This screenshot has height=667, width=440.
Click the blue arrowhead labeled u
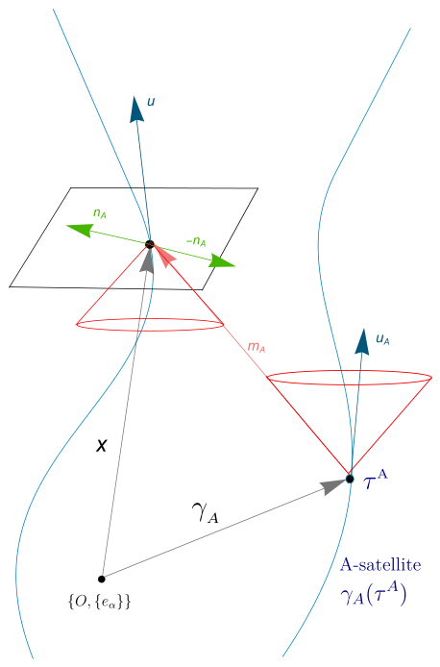pos(136,110)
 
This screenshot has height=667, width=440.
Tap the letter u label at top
pos(151,102)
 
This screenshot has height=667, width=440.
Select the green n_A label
pos(100,213)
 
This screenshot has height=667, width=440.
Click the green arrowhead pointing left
pos(80,230)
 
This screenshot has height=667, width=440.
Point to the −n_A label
pos(196,241)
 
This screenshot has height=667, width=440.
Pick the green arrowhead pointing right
pos(222,261)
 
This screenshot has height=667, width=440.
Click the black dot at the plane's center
pos(150,244)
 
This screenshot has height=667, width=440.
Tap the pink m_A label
pos(257,347)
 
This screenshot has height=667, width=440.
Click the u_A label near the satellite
pos(382,339)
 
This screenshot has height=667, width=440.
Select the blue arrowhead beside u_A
pos(362,341)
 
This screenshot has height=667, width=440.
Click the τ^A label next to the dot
pos(376,482)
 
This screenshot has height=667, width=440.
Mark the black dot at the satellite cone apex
pos(350,479)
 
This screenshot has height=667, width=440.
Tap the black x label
pos(102,445)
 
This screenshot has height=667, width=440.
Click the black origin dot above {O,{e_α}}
pos(101,579)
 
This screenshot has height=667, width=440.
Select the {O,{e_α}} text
pos(99,602)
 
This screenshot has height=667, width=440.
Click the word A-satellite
pos(380,565)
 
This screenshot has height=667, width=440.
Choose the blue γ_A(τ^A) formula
pos(374,595)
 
